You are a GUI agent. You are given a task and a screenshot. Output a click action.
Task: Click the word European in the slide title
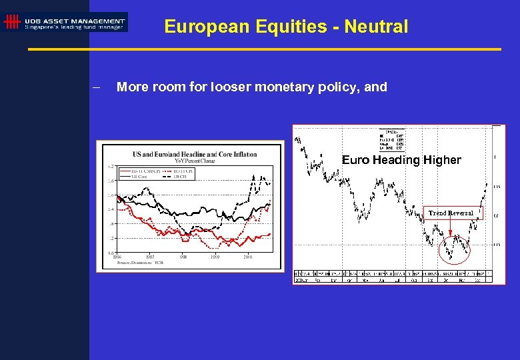(x=195, y=27)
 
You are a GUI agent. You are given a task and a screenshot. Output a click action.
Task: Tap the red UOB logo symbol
(x=11, y=22)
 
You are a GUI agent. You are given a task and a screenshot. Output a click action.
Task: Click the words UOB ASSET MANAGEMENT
(x=75, y=21)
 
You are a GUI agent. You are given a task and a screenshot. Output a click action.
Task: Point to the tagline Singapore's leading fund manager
(x=74, y=27)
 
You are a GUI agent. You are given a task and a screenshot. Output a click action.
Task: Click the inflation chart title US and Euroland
(x=195, y=154)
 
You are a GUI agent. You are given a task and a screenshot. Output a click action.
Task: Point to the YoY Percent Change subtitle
(x=195, y=160)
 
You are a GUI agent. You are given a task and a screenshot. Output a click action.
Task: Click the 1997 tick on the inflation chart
(x=150, y=256)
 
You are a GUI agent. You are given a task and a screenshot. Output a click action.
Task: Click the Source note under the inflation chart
(x=141, y=262)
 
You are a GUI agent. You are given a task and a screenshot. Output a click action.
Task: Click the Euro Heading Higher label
(x=401, y=160)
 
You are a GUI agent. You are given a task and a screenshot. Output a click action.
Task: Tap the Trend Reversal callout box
(x=451, y=213)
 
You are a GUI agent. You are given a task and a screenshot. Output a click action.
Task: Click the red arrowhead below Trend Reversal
(x=451, y=235)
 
